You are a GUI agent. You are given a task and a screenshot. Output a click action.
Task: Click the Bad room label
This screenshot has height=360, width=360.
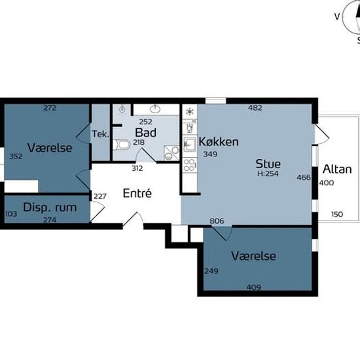145,132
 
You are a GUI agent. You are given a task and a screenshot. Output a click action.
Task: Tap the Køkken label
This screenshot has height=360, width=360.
219,141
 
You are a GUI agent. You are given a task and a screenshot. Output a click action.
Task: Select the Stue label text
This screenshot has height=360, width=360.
268,164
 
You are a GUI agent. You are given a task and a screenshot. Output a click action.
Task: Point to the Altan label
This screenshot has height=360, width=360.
337,170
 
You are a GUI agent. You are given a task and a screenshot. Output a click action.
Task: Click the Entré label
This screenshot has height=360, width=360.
137,193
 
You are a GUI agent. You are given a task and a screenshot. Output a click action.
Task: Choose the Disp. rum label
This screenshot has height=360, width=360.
50,207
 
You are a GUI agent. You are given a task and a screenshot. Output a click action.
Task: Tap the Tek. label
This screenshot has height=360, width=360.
100,134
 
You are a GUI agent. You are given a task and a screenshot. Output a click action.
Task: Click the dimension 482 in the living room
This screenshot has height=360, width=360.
255,108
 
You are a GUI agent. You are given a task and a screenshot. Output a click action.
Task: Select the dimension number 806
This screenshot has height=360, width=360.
217,221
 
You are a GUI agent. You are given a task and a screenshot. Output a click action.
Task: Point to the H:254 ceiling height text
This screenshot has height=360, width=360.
268,173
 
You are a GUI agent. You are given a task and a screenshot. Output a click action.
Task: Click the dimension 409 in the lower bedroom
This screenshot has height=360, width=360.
254,287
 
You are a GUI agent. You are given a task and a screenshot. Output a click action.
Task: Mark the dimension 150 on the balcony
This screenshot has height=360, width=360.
337,214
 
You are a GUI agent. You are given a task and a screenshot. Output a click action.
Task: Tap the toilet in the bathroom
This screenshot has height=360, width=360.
122,145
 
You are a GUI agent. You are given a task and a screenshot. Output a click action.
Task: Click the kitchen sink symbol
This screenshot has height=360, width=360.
190,145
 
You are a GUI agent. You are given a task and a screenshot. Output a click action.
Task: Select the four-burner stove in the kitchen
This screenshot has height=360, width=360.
190,165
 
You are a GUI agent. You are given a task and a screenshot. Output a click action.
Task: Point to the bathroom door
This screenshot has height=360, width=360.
146,155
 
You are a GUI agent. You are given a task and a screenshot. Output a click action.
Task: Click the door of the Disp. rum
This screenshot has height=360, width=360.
98,211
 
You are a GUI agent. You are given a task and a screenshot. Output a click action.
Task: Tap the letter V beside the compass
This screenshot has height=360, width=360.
337,16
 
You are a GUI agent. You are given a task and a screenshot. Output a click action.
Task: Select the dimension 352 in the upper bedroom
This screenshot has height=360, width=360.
16,156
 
